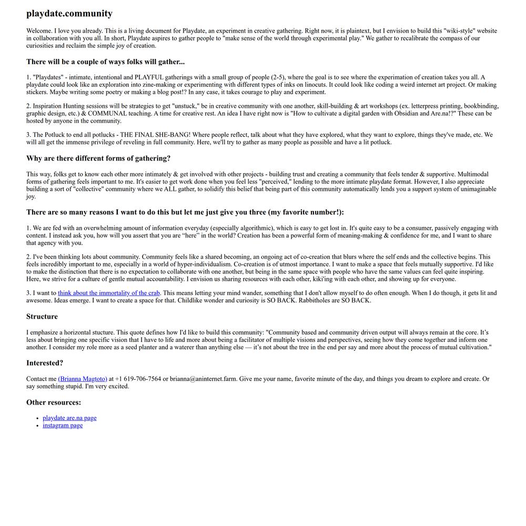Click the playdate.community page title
[69, 14]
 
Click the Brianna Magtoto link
[83, 379]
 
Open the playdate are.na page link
[69, 418]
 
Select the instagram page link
[63, 426]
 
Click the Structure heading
[42, 317]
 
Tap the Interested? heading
[45, 363]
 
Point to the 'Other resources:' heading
[54, 402]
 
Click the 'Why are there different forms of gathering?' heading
[98, 158]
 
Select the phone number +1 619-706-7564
[138, 379]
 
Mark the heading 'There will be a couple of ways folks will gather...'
[105, 62]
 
